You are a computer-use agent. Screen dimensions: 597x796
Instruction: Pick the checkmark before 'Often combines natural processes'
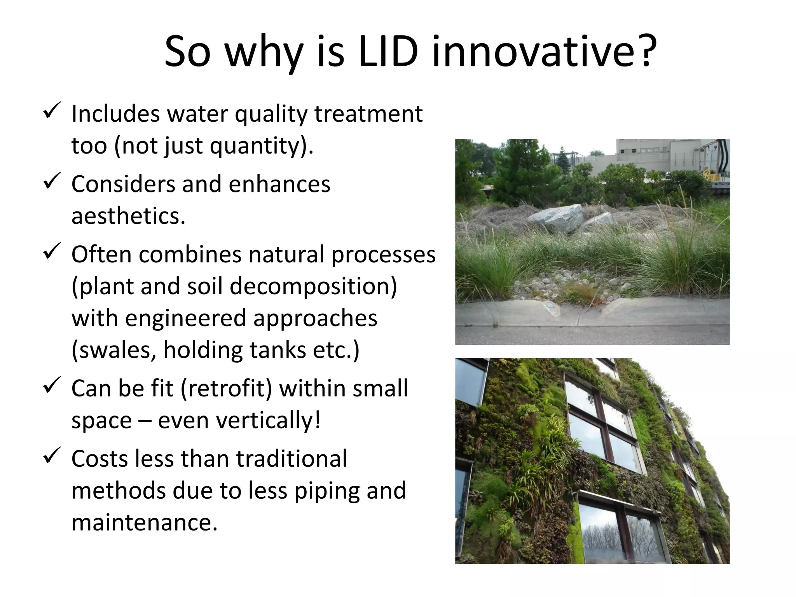tap(51, 251)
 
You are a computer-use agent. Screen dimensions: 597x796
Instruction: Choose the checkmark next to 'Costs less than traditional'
tap(51, 456)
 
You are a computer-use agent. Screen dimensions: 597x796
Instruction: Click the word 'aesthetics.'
tap(128, 216)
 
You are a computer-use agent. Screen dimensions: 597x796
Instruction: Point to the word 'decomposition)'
tap(313, 287)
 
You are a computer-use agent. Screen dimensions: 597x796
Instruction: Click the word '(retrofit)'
tap(226, 389)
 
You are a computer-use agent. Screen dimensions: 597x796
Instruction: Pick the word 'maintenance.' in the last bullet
tap(144, 523)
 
